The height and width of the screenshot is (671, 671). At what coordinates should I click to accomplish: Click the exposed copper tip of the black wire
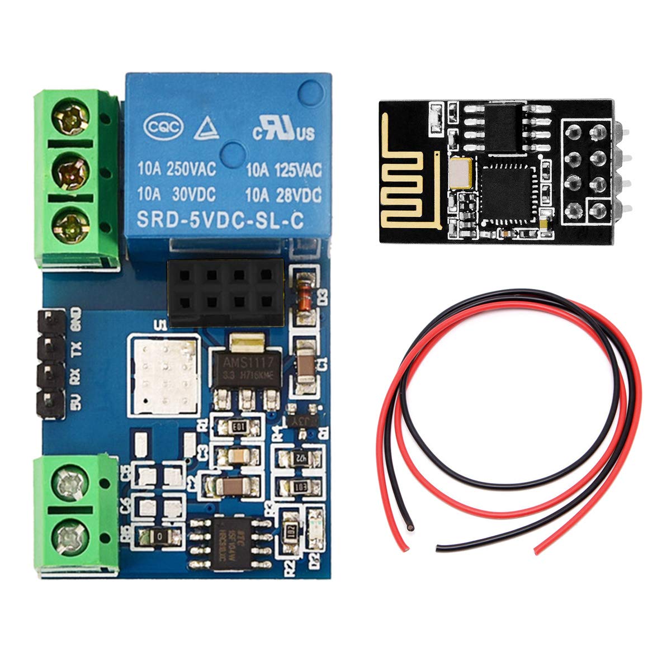point(411,527)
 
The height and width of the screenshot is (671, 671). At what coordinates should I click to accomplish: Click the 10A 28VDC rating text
point(284,195)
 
